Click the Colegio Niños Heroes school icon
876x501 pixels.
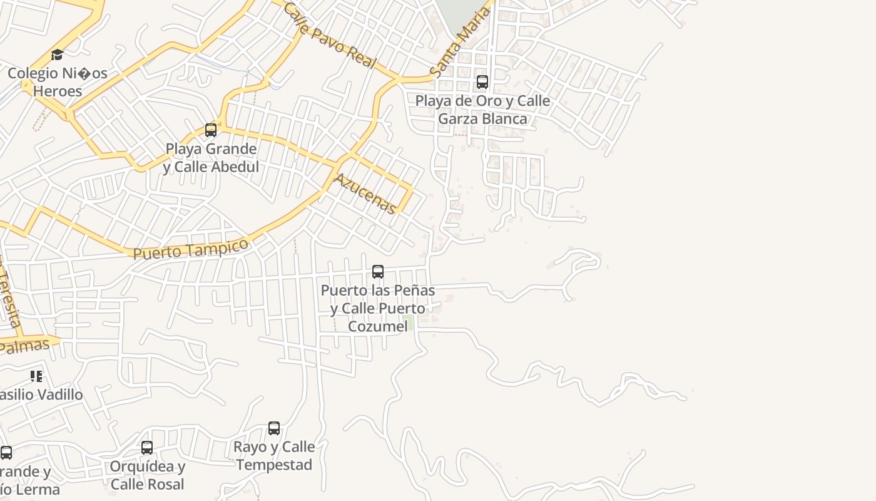[58, 55]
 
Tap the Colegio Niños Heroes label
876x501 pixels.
[58, 82]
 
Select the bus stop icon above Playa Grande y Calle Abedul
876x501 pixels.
[211, 130]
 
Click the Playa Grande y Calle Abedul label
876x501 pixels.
[211, 158]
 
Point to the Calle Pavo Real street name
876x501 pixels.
[329, 35]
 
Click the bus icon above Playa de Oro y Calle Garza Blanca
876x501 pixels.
[482, 82]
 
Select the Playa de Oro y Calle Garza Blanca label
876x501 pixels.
[482, 110]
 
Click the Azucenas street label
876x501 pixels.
[365, 194]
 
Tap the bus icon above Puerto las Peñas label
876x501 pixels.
[378, 272]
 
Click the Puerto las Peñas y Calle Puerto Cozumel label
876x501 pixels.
[378, 308]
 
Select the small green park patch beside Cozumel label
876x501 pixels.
[409, 323]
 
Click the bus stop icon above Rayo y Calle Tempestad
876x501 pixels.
[274, 428]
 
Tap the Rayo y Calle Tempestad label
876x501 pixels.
[274, 456]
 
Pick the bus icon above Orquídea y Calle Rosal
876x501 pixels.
[147, 448]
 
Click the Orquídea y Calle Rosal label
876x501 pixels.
[148, 475]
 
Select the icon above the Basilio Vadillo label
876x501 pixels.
[36, 376]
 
